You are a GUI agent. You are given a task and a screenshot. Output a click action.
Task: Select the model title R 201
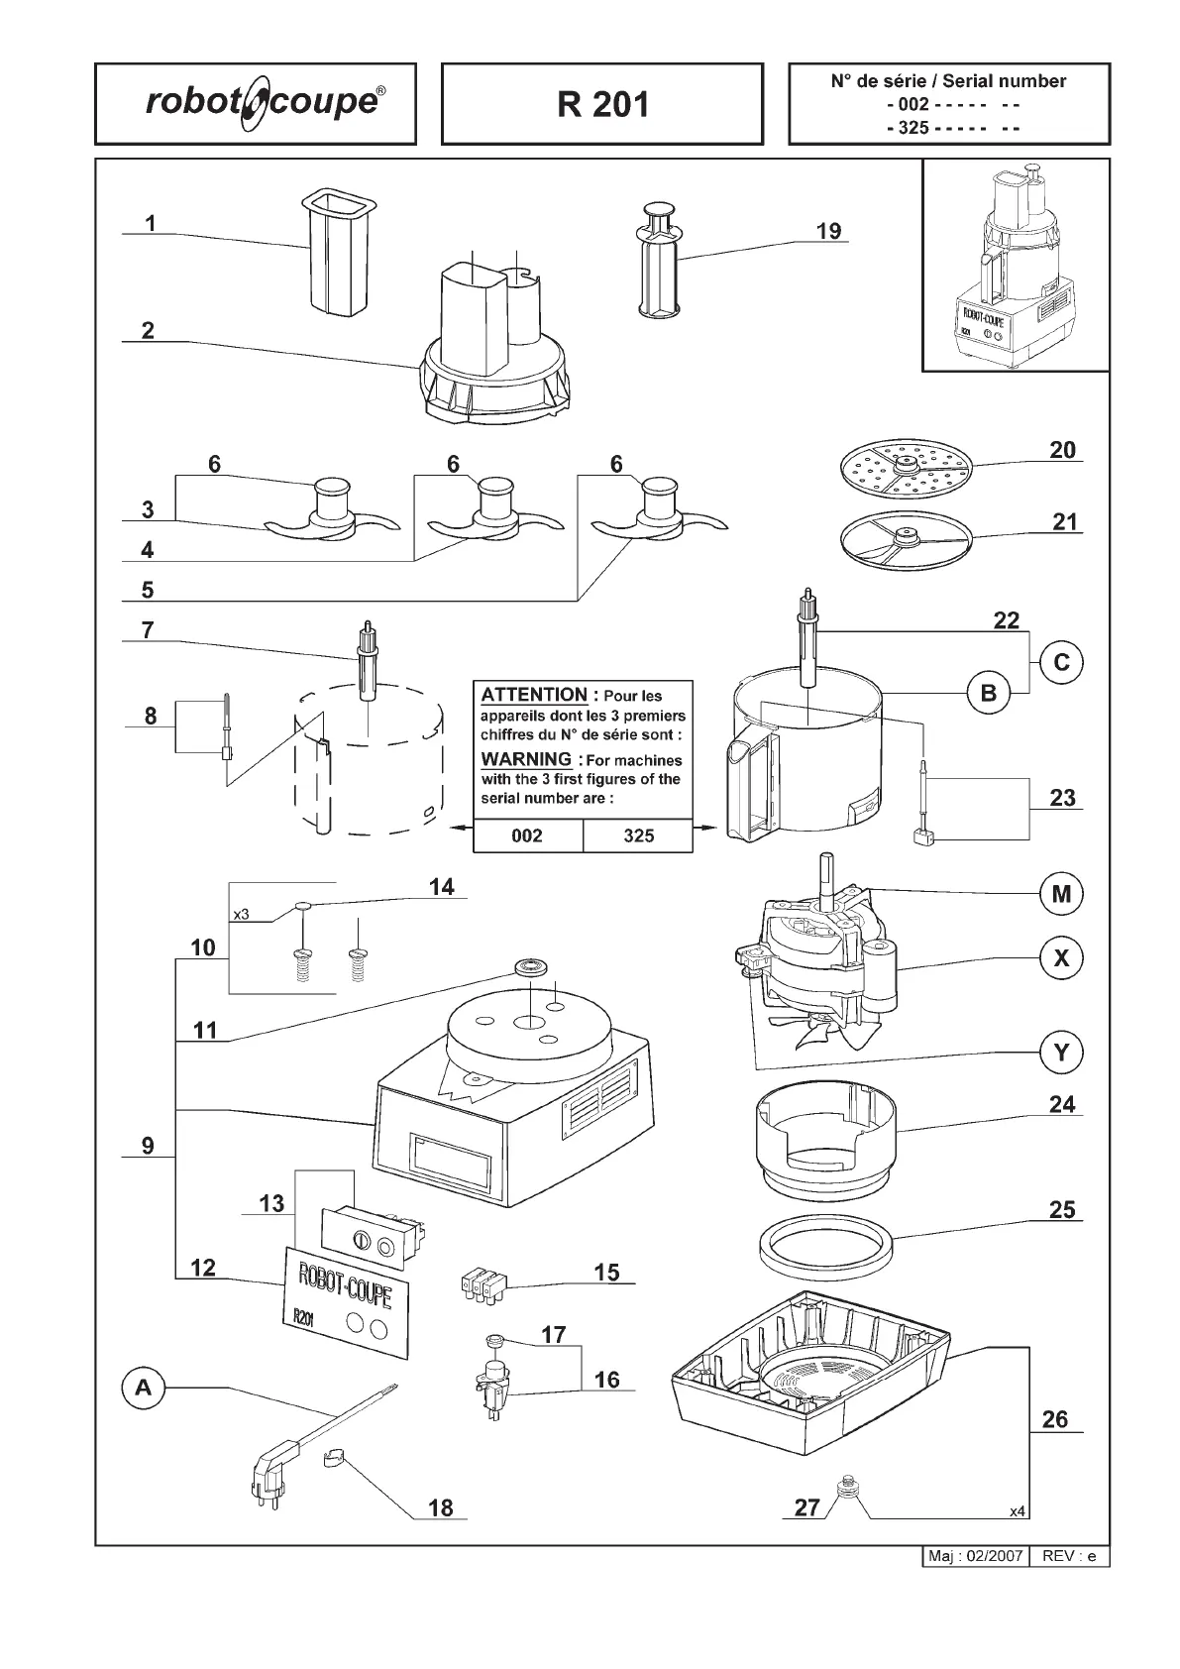pyautogui.click(x=602, y=104)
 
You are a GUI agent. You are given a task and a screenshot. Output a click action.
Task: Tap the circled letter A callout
pyautogui.click(x=144, y=1389)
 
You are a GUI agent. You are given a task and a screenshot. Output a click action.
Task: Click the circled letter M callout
pyautogui.click(x=1061, y=894)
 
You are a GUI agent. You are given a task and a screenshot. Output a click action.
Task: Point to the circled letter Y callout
pyautogui.click(x=1061, y=1052)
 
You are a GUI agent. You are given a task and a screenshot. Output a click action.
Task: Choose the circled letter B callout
pyautogui.click(x=988, y=694)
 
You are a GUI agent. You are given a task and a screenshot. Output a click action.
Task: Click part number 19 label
pyautogui.click(x=828, y=231)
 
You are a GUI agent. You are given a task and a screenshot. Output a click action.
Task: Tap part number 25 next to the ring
pyautogui.click(x=1062, y=1209)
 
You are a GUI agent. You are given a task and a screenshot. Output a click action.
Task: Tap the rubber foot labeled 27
pyautogui.click(x=846, y=1487)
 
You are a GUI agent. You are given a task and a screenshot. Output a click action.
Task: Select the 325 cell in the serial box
pyautogui.click(x=638, y=835)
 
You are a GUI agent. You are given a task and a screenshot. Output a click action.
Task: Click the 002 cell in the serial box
pyautogui.click(x=527, y=835)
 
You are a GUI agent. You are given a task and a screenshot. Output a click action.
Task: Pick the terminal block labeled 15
pyautogui.click(x=482, y=1285)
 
